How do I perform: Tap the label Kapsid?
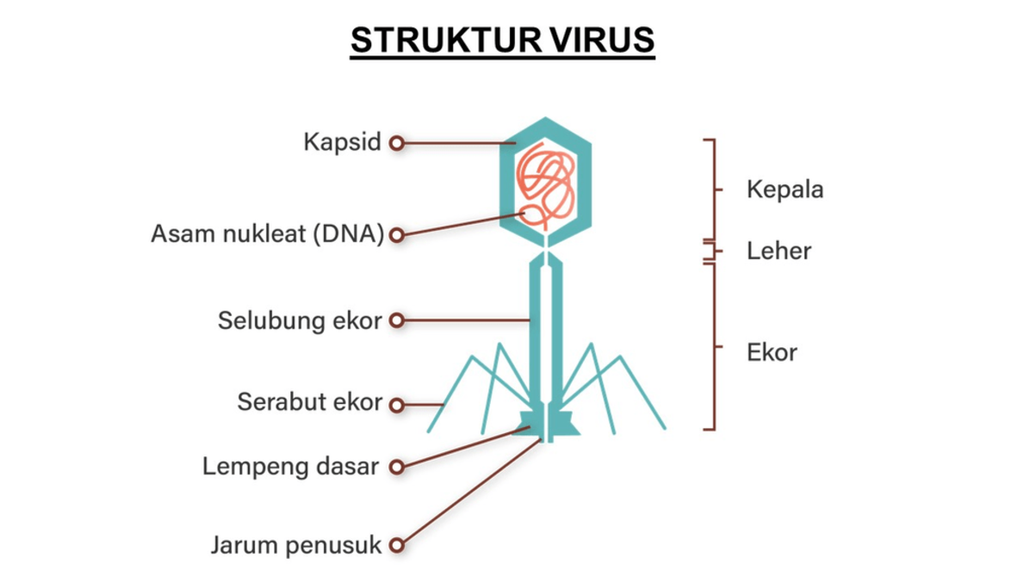(342, 142)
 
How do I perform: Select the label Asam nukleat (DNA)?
(267, 233)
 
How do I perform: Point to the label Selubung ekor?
(299, 320)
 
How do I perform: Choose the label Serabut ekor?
(309, 402)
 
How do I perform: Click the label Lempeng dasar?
(291, 467)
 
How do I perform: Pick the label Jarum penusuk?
(295, 545)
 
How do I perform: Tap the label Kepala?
(785, 189)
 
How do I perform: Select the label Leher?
(779, 251)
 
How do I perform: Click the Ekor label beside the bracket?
(772, 352)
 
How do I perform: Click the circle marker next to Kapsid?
(396, 143)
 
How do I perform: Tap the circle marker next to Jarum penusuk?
(396, 545)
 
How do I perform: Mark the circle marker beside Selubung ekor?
(396, 320)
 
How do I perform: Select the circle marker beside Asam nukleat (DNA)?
(396, 233)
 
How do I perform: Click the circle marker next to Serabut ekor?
(396, 403)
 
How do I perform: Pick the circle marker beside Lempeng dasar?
(396, 467)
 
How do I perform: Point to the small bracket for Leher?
(711, 251)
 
